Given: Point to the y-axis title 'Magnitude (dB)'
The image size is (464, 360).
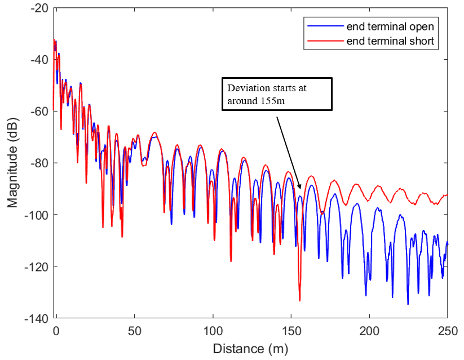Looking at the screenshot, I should tap(12, 163).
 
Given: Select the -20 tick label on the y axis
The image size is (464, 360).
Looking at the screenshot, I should tap(39, 8).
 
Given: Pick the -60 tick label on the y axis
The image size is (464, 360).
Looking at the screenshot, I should tap(39, 112).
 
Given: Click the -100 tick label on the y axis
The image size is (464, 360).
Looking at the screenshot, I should tap(37, 215).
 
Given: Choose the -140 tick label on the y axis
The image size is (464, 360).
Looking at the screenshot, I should tap(37, 318).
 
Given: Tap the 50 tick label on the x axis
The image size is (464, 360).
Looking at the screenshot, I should tap(134, 330).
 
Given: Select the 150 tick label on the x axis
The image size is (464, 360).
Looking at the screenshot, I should tap(291, 330).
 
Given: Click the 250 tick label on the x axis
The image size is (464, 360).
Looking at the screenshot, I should tap(448, 330).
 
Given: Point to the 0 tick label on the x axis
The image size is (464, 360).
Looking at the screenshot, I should tap(56, 330).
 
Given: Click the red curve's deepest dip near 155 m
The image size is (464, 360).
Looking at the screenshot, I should tap(299, 300).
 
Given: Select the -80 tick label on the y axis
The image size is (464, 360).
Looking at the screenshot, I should tap(39, 163).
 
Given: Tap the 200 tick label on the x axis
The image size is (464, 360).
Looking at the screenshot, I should tap(369, 330).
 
